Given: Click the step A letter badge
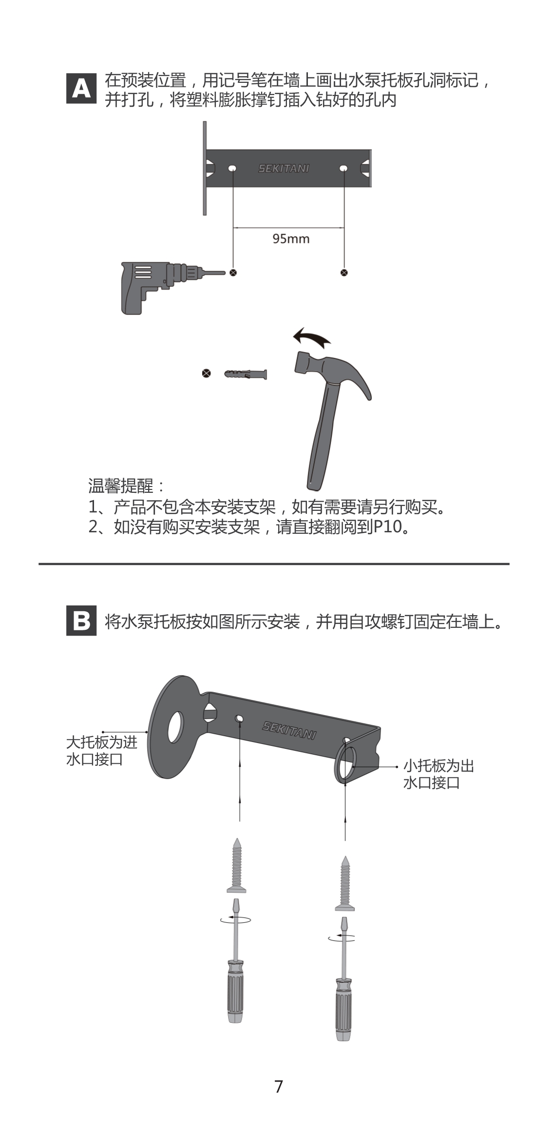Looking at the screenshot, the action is (81, 89).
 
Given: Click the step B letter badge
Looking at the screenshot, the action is (81, 621).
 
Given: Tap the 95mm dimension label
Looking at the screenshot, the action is (291, 238).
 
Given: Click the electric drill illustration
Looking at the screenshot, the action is (173, 287).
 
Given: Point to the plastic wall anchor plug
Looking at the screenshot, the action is (246, 374).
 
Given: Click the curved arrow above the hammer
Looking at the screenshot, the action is (312, 337).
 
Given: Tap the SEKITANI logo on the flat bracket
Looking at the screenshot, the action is (284, 169).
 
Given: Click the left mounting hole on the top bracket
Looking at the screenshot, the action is (232, 169).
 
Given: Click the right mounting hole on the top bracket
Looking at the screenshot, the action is (343, 169).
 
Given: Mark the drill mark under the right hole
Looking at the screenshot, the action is (344, 272).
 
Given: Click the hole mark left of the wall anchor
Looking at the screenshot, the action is (207, 374).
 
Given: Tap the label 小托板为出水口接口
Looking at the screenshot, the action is (438, 774).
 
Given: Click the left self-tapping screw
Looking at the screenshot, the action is (237, 865).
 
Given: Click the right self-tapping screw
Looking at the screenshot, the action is (345, 883).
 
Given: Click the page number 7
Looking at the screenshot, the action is (279, 1086).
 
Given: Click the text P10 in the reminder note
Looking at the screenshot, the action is (388, 527).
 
